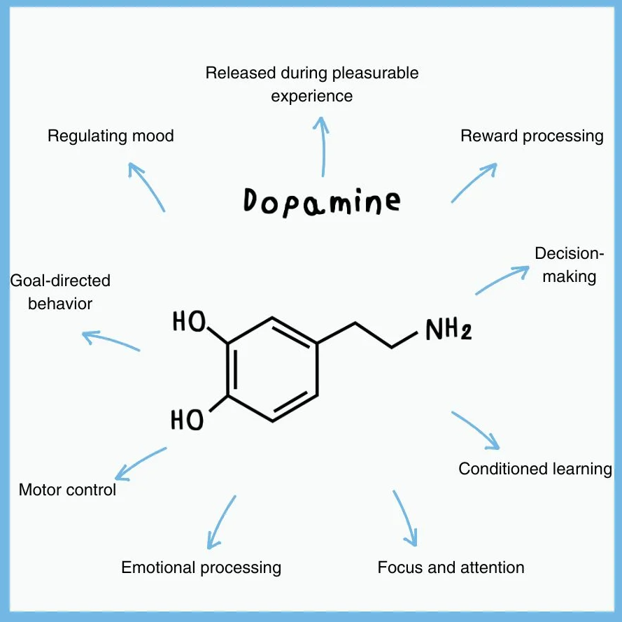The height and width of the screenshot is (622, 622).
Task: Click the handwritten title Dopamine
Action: coord(323,201)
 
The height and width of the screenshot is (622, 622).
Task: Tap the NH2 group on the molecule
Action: coord(448,329)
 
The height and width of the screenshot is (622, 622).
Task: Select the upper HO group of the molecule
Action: coord(189,322)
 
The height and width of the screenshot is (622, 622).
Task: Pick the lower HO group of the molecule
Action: coord(188,420)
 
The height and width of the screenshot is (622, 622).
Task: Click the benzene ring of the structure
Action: coord(273,369)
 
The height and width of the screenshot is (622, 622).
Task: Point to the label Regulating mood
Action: coord(111,136)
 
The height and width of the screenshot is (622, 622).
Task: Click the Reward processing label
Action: coord(532,136)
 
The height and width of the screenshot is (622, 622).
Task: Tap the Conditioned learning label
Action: coord(535,468)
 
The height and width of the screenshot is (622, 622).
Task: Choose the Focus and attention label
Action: coord(451,567)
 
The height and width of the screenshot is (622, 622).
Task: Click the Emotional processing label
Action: coord(201,567)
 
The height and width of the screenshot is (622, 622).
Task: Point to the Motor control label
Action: coord(67,490)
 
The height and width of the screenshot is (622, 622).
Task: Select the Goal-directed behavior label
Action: coord(60,292)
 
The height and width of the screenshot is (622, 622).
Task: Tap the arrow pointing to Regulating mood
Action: coord(147,186)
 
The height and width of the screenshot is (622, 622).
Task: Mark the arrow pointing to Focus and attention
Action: coord(405,518)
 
